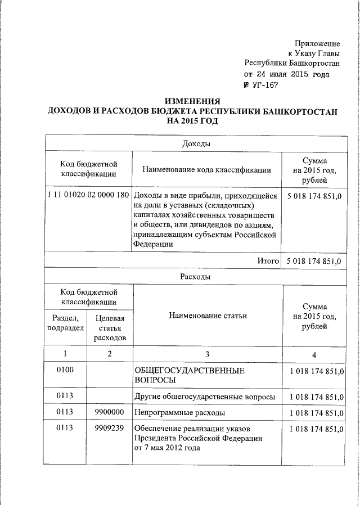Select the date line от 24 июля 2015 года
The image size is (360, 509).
(x=287, y=74)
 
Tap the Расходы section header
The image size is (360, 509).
(x=196, y=277)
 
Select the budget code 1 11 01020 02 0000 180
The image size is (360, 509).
(x=88, y=195)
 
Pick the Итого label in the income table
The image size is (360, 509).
(x=269, y=261)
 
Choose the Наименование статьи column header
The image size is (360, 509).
(x=208, y=316)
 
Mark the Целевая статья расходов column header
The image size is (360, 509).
(x=110, y=328)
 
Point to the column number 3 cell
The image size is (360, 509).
(x=207, y=354)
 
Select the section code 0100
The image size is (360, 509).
(x=66, y=371)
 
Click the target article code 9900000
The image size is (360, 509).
(x=110, y=412)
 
